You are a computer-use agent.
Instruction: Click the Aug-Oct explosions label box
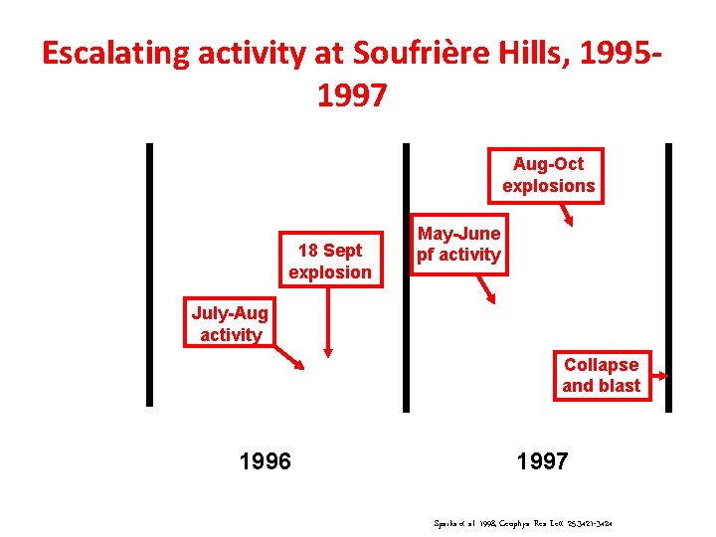coord(548,175)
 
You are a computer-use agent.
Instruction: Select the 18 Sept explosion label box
coord(329,261)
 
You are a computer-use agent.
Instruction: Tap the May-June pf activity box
coord(458,244)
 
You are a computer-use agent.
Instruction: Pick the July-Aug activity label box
coord(230,324)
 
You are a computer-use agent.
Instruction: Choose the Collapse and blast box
coord(601,375)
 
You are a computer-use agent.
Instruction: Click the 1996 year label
coord(266,461)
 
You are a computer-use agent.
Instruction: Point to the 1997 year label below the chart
coord(542,461)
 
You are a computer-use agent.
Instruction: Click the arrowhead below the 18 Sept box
coord(329,350)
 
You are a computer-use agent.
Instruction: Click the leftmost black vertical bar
coord(149,274)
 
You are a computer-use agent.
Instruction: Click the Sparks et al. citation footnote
coord(522,520)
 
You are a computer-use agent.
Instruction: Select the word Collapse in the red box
coord(601,364)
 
